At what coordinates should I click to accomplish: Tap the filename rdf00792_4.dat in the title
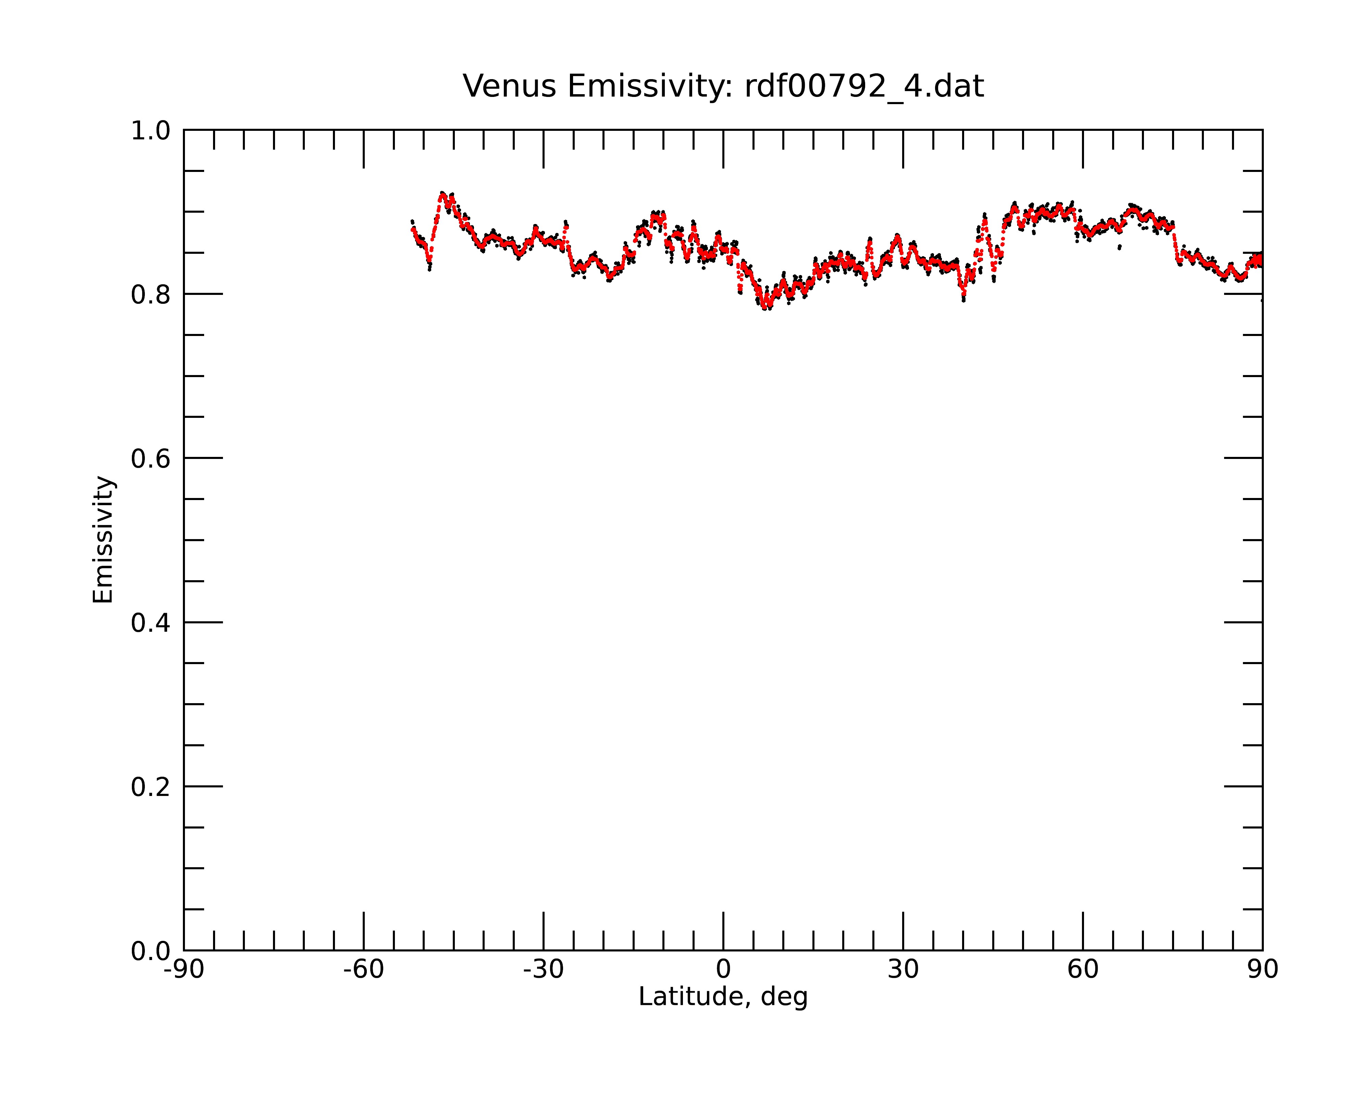pyautogui.click(x=864, y=87)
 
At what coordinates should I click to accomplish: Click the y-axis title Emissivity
pyautogui.click(x=103, y=540)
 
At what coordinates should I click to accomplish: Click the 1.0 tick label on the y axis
pyautogui.click(x=151, y=132)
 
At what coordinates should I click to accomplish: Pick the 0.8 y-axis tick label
pyautogui.click(x=151, y=295)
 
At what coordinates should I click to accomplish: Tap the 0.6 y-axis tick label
pyautogui.click(x=151, y=459)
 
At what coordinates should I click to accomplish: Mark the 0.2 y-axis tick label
pyautogui.click(x=151, y=787)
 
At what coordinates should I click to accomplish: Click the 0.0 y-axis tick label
pyautogui.click(x=151, y=951)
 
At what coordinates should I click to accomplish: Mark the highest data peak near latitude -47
pyautogui.click(x=442, y=193)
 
